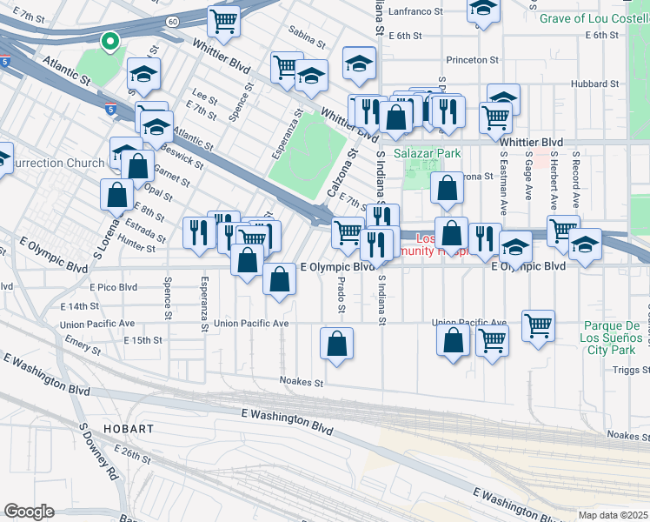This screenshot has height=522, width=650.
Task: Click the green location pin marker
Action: coord(109,41)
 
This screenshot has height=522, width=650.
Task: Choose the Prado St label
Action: coord(342,296)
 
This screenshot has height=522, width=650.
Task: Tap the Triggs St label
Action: coord(632,370)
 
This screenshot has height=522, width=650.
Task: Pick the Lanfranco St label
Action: coord(424,11)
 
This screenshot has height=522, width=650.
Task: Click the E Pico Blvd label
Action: coord(113,286)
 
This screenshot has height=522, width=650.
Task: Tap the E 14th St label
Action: coord(80,306)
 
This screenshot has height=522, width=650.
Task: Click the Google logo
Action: coord(29,512)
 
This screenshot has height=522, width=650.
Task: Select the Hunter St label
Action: coord(136,248)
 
